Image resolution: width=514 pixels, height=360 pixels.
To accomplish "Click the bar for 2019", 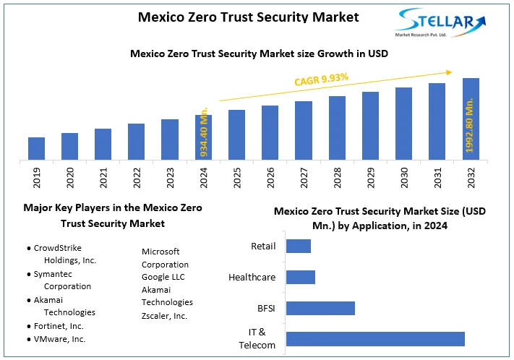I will [x=36, y=148].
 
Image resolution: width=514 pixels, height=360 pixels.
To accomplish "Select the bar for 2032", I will [x=471, y=119].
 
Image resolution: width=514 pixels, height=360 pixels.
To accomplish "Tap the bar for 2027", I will [x=304, y=130].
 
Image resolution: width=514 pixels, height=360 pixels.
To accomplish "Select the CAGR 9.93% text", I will [x=322, y=80].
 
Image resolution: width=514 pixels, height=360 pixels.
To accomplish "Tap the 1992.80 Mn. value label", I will [x=470, y=127].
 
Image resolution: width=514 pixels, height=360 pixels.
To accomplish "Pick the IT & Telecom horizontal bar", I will [x=375, y=339].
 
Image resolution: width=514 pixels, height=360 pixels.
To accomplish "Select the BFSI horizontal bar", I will [x=320, y=308].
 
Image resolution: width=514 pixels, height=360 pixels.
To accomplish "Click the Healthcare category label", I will [x=252, y=277].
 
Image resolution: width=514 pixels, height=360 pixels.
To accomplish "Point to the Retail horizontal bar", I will [x=299, y=247].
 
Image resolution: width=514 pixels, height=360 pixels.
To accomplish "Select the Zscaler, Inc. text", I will [x=164, y=316].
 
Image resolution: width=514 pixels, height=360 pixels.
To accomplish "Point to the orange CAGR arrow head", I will [x=448, y=72].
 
